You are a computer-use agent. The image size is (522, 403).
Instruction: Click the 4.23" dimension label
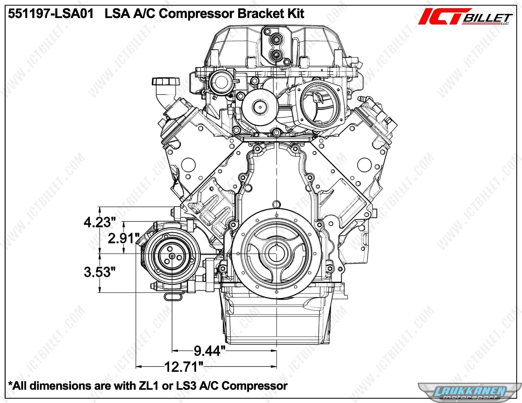point(100,222)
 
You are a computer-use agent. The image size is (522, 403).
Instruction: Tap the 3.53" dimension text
point(100,272)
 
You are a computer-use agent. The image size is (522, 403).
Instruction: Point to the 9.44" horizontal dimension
point(209,351)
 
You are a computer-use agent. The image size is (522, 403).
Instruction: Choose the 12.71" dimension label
point(184,367)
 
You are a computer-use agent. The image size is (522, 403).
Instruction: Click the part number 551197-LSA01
point(51,14)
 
